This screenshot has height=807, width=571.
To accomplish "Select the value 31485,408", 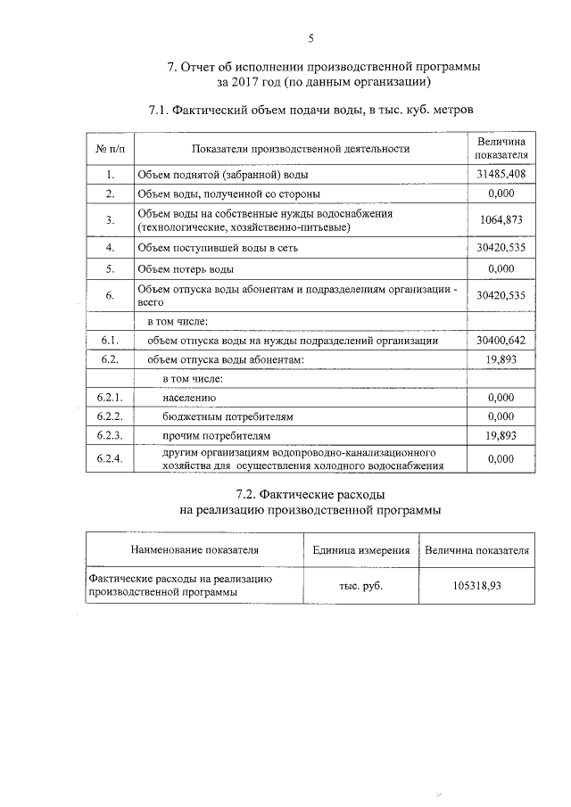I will [x=501, y=174].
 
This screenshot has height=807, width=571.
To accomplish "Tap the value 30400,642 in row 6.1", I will [x=501, y=341].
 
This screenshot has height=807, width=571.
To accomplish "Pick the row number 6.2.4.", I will [x=109, y=458].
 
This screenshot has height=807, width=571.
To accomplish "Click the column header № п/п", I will [x=109, y=149].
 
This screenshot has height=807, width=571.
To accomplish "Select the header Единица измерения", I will [x=361, y=550].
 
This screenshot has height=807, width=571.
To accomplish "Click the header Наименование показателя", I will [x=194, y=550].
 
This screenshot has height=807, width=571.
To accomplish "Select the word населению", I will [x=189, y=397].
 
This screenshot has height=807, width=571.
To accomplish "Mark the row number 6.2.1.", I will [x=109, y=397].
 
